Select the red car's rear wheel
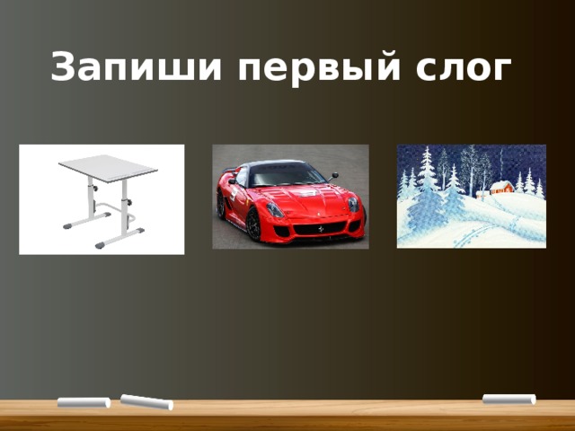(221, 205)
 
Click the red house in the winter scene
(502, 189)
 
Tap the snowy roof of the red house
(501, 182)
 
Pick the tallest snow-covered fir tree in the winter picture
(428, 180)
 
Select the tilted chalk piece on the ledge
(146, 401)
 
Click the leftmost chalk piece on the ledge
(84, 402)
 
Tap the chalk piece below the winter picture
(509, 399)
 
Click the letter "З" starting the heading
(62, 67)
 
